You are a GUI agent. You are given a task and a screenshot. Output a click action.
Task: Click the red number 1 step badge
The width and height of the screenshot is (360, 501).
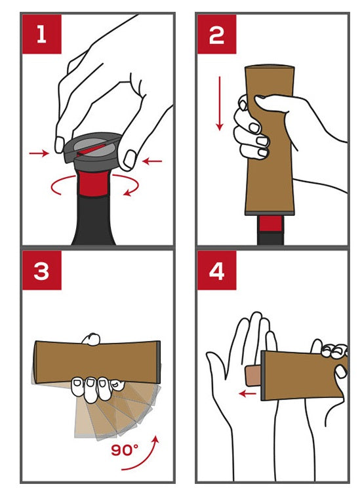point(41,34)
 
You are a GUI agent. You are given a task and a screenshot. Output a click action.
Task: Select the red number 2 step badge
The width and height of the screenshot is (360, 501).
point(216,34)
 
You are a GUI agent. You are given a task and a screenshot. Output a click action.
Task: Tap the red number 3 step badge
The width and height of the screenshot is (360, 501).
point(41,270)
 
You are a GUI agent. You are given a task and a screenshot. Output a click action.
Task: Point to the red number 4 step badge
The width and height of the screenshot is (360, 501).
point(216,270)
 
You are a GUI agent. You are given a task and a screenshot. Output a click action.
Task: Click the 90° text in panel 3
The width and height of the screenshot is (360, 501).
point(125,451)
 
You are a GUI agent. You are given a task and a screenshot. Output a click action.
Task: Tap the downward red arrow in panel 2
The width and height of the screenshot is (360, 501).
point(220,103)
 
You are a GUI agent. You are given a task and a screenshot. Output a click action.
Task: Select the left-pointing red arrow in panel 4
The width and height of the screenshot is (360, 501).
point(248,393)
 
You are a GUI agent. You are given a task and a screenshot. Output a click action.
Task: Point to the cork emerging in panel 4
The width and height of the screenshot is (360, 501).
point(253,376)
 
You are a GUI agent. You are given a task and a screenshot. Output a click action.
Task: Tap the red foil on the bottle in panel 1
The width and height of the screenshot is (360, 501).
point(93,183)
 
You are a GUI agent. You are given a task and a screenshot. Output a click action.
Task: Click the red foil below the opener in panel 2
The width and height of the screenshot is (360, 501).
point(270,224)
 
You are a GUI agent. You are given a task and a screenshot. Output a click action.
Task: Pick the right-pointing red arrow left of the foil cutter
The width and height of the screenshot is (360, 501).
point(39,153)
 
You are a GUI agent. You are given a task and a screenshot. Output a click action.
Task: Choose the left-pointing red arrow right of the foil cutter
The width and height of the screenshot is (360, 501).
point(152,161)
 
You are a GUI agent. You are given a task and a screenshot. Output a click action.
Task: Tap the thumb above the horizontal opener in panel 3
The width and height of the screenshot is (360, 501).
point(91,339)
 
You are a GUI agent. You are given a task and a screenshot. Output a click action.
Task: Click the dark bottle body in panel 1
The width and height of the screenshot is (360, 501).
point(93,220)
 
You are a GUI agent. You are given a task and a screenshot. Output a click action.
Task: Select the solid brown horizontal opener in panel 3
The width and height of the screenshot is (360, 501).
point(98,362)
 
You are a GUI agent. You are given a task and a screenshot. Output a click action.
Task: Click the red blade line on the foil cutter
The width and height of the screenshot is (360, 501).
point(92,150)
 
